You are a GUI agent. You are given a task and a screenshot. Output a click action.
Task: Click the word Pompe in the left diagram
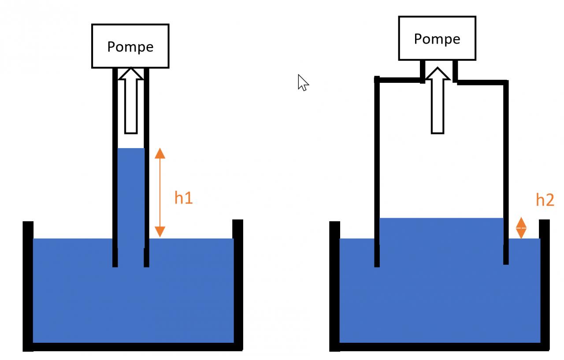click(130, 47)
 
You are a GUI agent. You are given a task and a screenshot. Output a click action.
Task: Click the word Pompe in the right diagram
click(437, 39)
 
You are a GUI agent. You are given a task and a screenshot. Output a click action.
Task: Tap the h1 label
click(183, 198)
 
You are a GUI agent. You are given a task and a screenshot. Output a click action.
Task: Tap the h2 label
click(545, 200)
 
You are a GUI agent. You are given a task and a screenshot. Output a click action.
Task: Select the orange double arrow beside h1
click(160, 193)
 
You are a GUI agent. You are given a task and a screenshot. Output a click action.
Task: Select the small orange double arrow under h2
click(521, 228)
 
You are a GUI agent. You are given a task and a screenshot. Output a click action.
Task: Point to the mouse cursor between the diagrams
click(303, 82)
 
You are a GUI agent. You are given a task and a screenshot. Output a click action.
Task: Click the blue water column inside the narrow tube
click(131, 194)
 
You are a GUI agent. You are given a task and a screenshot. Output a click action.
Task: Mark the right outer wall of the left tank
click(237, 282)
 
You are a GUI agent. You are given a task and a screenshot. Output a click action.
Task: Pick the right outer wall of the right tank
click(545, 282)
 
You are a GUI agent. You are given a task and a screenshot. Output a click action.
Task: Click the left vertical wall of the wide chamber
click(377, 172)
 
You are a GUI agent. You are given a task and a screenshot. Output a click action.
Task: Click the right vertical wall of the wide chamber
click(506, 172)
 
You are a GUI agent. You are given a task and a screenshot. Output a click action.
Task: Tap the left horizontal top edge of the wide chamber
click(399, 80)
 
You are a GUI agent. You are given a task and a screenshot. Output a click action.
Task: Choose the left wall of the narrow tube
click(115, 167)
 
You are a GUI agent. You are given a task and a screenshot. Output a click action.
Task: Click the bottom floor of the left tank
click(132, 347)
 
